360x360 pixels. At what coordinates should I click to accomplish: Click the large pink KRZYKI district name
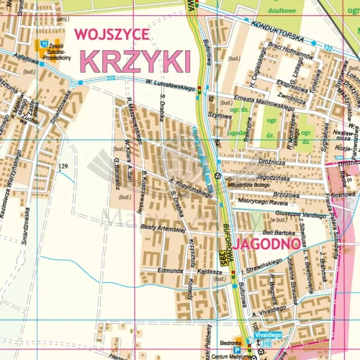point(135,59)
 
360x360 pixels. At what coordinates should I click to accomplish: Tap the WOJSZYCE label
point(111,34)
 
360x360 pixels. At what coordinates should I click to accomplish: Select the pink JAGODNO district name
point(266,245)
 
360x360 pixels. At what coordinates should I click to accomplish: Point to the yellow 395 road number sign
point(224,257)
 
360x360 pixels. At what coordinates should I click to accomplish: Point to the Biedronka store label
point(230,344)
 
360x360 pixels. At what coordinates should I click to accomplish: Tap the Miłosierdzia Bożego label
point(249,184)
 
